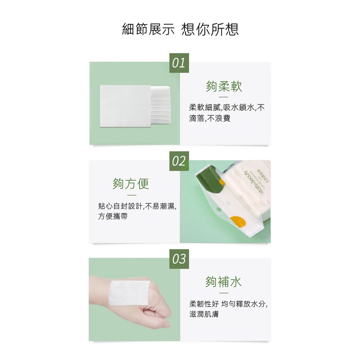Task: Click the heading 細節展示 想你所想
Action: point(180,29)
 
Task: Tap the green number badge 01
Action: point(179,63)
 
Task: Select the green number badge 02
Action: point(179,161)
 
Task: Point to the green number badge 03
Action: point(179,259)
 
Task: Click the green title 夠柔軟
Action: point(224,86)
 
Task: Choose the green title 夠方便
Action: point(131,184)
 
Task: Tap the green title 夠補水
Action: point(224,282)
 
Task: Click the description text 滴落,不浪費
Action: point(210,118)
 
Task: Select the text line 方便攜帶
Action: point(113,216)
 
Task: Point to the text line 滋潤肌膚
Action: point(204,314)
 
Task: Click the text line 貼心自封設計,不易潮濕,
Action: point(138,206)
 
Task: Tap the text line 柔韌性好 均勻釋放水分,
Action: point(229,304)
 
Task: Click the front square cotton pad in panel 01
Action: point(126,106)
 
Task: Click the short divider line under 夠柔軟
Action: point(224,97)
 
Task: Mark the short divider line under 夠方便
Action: point(131,195)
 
